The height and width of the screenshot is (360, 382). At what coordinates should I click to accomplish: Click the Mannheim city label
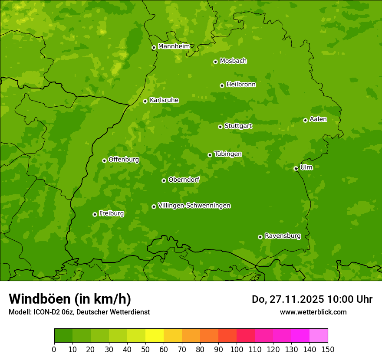174,46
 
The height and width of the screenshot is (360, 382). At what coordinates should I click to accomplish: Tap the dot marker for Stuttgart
220,127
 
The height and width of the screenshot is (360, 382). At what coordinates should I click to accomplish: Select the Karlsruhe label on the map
164,100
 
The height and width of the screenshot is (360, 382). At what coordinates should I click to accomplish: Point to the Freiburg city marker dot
95,214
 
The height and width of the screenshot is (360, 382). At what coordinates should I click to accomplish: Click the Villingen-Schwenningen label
194,206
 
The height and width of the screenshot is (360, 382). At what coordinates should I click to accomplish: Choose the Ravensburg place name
282,236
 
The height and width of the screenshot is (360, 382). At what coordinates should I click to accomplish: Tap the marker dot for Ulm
296,168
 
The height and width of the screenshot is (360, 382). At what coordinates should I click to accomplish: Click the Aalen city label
318,119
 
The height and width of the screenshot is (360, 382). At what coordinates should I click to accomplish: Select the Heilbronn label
240,85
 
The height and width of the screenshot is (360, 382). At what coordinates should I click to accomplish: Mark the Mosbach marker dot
215,62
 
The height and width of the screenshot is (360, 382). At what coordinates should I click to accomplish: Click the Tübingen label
227,154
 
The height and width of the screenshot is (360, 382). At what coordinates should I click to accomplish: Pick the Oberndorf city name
184,180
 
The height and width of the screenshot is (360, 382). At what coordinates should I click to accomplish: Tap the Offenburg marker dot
104,160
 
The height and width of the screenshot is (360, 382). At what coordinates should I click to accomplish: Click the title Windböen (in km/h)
69,299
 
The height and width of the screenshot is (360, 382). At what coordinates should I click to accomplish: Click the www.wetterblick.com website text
313,312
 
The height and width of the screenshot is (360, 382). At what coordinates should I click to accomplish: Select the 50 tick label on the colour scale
145,350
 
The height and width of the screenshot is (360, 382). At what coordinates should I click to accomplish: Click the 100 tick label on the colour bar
237,350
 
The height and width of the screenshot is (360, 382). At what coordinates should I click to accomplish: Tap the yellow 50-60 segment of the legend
155,336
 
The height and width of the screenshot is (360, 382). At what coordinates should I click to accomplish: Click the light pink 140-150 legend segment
319,336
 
